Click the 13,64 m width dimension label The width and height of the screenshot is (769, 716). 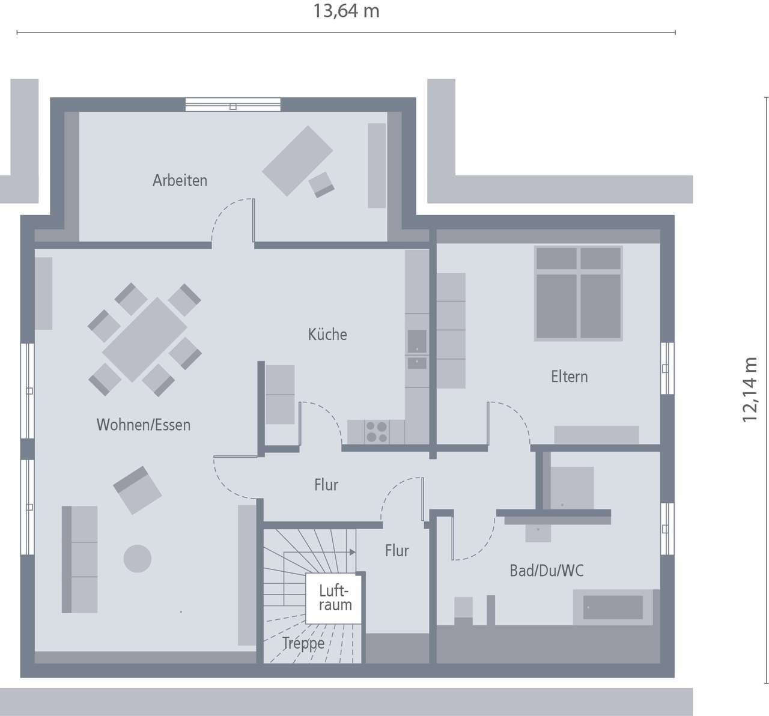point(346,11)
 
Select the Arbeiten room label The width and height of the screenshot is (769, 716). point(180,180)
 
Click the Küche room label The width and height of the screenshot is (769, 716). point(327,335)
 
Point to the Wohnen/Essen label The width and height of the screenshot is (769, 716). point(143,425)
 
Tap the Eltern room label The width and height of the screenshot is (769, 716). point(569,377)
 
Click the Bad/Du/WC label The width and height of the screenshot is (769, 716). point(546,571)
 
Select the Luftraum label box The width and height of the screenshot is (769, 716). point(335,598)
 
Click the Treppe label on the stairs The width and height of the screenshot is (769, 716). point(303,644)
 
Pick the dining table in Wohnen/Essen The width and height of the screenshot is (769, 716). point(144,339)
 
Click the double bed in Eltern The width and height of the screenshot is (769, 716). point(579,293)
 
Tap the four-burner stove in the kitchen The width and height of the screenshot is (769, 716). point(377,432)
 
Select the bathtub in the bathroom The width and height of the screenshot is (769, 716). point(613,607)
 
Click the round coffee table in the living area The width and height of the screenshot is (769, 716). point(138,558)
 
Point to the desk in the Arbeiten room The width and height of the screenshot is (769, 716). point(297,161)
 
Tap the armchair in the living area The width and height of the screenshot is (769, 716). point(138,490)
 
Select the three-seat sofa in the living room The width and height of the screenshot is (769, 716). point(80,559)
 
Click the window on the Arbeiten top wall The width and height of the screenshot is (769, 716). point(233,105)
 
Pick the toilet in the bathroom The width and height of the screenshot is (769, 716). point(463,608)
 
